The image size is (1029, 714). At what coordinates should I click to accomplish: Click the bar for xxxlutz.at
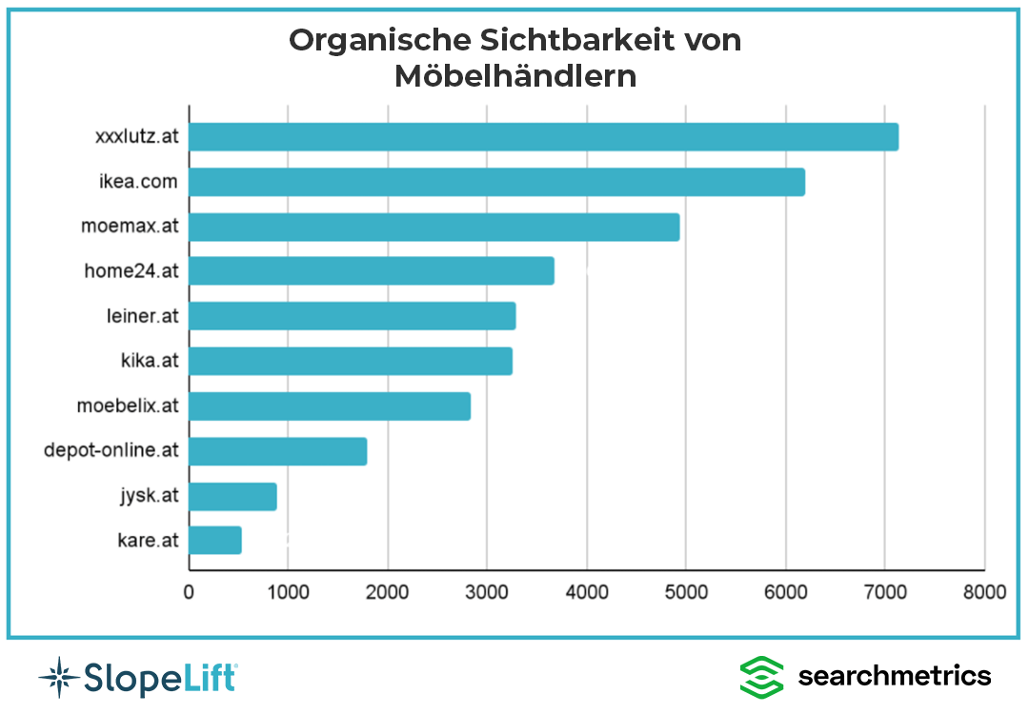click(x=543, y=136)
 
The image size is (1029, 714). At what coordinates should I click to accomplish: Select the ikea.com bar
click(x=496, y=182)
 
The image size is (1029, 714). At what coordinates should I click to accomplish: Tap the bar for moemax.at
click(x=434, y=227)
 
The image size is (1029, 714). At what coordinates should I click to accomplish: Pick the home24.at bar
click(x=372, y=270)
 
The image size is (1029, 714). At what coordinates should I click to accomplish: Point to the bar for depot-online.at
click(x=277, y=451)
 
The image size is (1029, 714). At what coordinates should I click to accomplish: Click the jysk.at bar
click(x=233, y=496)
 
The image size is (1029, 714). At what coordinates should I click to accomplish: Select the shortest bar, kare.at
click(x=215, y=540)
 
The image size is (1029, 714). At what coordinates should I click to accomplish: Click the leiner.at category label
click(x=142, y=316)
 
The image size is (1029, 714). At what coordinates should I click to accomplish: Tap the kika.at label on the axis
click(x=150, y=360)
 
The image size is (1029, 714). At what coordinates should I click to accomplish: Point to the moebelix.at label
click(x=128, y=406)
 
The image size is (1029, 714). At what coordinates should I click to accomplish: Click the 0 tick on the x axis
click(x=189, y=592)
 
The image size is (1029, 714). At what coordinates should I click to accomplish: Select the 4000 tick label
click(x=587, y=592)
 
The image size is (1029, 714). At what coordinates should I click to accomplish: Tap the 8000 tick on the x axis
click(x=984, y=592)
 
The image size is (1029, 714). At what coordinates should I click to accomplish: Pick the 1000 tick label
click(x=288, y=592)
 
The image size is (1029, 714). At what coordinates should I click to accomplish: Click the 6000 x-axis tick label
click(x=785, y=592)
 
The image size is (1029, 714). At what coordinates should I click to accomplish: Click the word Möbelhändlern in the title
click(x=515, y=76)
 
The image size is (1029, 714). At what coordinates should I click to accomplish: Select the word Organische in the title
click(x=380, y=41)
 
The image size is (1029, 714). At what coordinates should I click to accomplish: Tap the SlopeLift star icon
click(x=60, y=677)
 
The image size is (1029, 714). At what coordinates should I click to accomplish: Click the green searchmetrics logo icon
click(x=761, y=677)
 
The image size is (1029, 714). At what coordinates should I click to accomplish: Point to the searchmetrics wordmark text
click(x=895, y=675)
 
